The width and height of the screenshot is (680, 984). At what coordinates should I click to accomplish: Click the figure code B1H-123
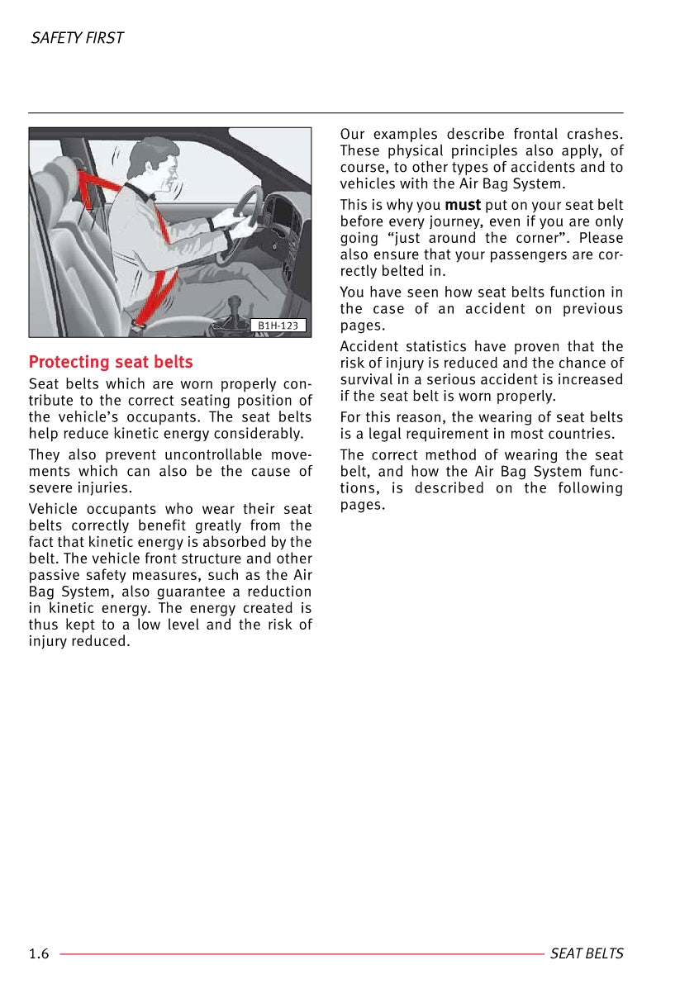coord(278,326)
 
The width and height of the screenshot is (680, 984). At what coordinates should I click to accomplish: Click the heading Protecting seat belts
coord(111,362)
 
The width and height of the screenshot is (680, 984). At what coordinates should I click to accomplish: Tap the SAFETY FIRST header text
coord(77,38)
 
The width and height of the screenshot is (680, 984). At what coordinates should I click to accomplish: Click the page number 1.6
coord(39,954)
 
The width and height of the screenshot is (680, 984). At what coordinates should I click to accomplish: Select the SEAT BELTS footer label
coord(587,954)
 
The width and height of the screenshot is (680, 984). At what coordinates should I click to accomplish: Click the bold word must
coord(463,205)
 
